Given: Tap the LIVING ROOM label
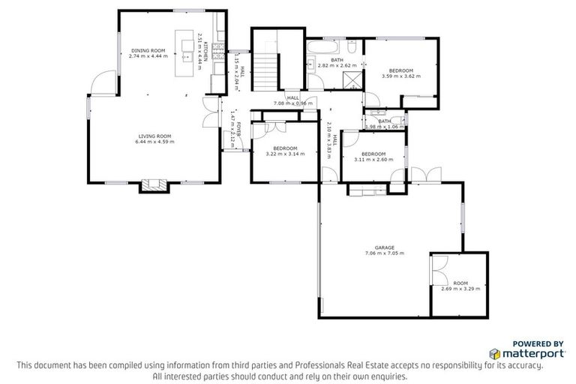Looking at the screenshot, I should (154, 135).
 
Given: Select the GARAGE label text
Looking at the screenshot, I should (385, 247).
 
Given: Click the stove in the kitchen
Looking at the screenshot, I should (216, 54).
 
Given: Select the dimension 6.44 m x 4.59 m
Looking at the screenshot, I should (154, 141).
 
